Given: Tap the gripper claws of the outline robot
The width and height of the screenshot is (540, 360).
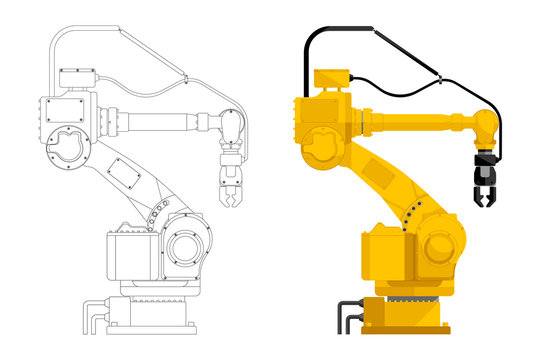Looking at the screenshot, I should click(x=228, y=185).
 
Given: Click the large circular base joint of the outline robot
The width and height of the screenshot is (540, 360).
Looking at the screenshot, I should click(x=187, y=246).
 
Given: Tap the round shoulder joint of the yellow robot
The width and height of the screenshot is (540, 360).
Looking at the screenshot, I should click(x=323, y=140).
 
